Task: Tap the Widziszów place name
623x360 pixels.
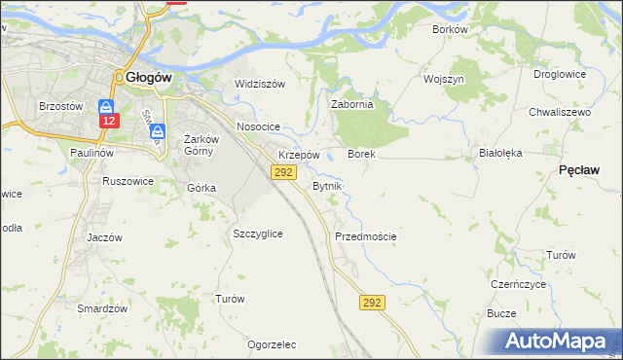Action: pyautogui.click(x=260, y=84)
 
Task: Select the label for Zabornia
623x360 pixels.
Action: pyautogui.click(x=352, y=105)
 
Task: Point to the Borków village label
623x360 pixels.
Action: pyautogui.click(x=451, y=29)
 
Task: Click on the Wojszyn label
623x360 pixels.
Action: pyautogui.click(x=443, y=78)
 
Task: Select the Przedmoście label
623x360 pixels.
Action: pyautogui.click(x=365, y=236)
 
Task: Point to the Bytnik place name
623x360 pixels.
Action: pyautogui.click(x=327, y=185)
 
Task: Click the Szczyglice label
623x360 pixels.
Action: pyautogui.click(x=258, y=234)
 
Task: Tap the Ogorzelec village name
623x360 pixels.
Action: pyautogui.click(x=272, y=344)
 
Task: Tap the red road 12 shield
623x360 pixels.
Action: pyautogui.click(x=108, y=120)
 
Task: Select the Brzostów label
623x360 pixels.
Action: pyautogui.click(x=57, y=105)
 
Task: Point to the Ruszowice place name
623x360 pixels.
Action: pyautogui.click(x=128, y=181)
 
